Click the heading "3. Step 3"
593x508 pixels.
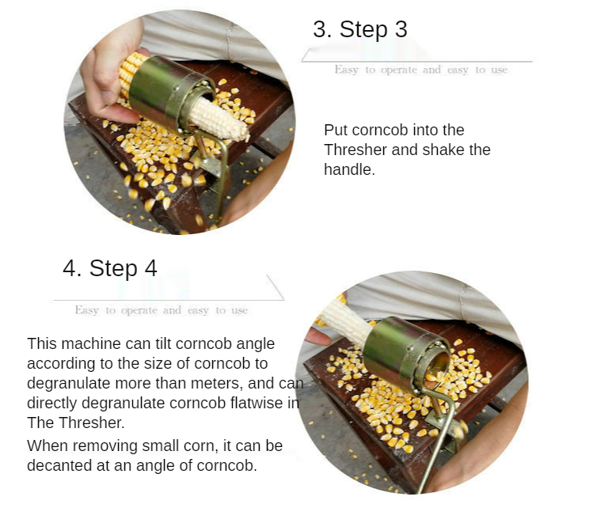pos(360,29)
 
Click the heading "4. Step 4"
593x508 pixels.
pos(110,268)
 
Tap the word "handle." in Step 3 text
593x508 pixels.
pos(349,169)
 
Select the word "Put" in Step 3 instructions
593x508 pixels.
pos(335,130)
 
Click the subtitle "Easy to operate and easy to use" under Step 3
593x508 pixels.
pos(421,70)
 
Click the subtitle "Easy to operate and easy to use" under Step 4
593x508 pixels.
pos(161,310)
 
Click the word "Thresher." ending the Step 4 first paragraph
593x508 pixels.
pos(93,423)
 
